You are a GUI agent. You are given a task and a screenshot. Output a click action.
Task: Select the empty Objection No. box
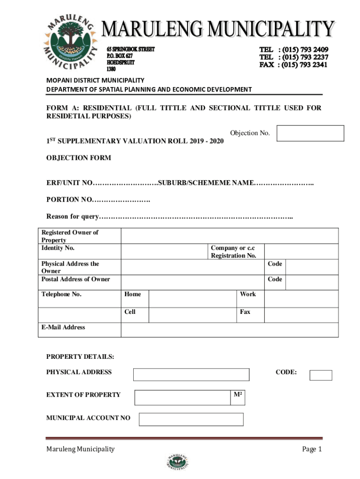pyautogui.click(x=310, y=133)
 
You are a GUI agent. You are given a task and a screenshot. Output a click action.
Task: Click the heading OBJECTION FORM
pyautogui.click(x=79, y=158)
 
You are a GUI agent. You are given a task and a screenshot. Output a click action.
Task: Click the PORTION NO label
pyautogui.click(x=69, y=200)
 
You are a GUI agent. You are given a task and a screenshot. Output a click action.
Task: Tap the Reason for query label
pyautogui.click(x=72, y=217)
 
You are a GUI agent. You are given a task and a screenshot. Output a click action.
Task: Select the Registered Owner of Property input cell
pyautogui.click(x=229, y=236)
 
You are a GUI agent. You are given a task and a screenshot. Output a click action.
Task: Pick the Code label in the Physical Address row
pyautogui.click(x=275, y=264)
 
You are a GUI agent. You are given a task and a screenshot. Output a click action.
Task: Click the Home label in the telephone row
pyautogui.click(x=133, y=294)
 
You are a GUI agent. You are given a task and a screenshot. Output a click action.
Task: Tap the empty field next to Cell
pyautogui.click(x=192, y=315)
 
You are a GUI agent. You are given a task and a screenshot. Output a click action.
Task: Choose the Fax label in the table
pyautogui.click(x=245, y=312)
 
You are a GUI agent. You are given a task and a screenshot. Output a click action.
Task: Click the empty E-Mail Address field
pyautogui.click(x=229, y=330)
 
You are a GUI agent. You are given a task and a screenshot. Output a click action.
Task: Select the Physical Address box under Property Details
pyautogui.click(x=191, y=375)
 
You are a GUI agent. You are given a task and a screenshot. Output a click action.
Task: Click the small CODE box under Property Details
pyautogui.click(x=321, y=375)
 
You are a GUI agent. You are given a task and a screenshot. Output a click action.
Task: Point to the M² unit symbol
pyautogui.click(x=238, y=395)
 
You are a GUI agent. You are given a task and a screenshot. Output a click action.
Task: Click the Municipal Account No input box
pyautogui.click(x=191, y=419)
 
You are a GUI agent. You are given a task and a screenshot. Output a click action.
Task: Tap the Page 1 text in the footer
pyautogui.click(x=312, y=450)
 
